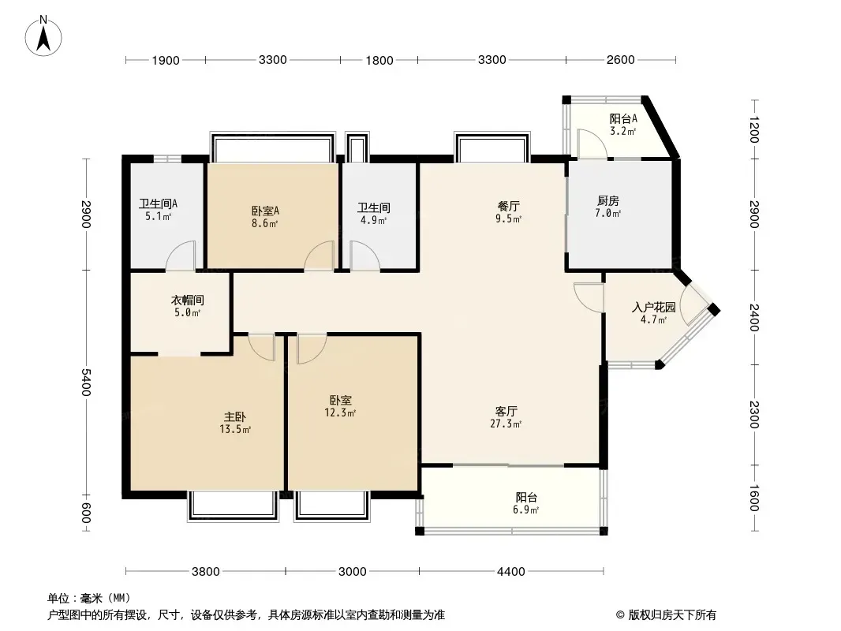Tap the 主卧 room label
pyautogui.click(x=235, y=416)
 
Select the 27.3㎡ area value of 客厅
pyautogui.click(x=506, y=424)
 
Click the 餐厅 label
pyautogui.click(x=508, y=207)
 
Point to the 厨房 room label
pyautogui.click(x=608, y=201)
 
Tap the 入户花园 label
pyautogui.click(x=653, y=308)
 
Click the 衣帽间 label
pyautogui.click(x=187, y=301)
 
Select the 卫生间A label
pyautogui.click(x=159, y=204)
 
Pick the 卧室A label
pyautogui.click(x=265, y=211)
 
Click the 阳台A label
pyautogui.click(x=623, y=119)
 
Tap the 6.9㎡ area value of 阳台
pyautogui.click(x=525, y=510)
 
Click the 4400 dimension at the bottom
pyautogui.click(x=510, y=572)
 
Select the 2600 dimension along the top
pyautogui.click(x=621, y=60)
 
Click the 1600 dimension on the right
pyautogui.click(x=753, y=498)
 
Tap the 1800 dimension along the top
pyautogui.click(x=379, y=61)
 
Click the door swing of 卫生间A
pyautogui.click(x=181, y=256)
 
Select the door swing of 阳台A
pyautogui.click(x=592, y=144)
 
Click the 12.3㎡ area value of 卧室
pyautogui.click(x=340, y=413)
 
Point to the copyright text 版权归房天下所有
pyautogui.click(x=672, y=615)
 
